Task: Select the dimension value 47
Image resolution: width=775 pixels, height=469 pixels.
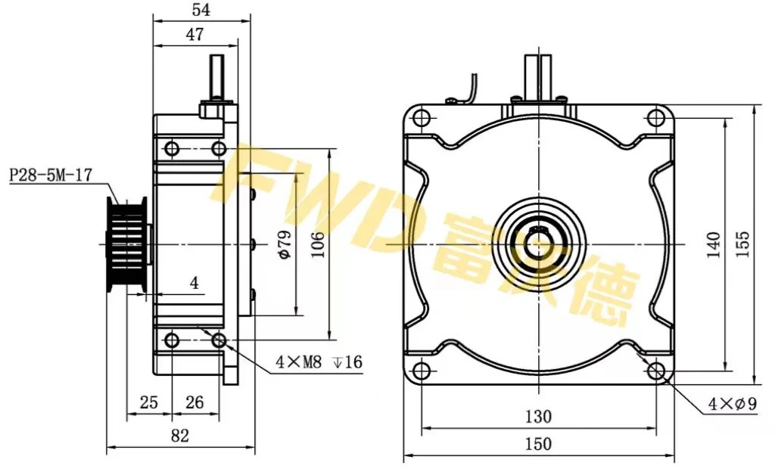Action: pos(195,33)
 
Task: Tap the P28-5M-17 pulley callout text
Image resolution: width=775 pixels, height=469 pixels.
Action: pos(51,175)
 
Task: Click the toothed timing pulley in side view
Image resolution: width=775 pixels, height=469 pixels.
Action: pos(126,244)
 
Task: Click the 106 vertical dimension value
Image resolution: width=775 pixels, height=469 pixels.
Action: pos(318,244)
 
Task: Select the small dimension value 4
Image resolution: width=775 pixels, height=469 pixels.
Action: pos(195,284)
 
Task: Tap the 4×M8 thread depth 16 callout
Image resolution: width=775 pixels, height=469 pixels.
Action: pos(319,362)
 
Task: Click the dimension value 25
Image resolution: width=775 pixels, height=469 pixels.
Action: pos(149,402)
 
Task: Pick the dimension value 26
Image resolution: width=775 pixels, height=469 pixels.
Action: pos(195,402)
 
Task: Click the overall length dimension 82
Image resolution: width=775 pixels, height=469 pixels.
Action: pos(179,436)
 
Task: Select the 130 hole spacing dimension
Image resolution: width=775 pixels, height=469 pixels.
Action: pos(537,417)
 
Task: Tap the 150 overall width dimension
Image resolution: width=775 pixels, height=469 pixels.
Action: pos(537,444)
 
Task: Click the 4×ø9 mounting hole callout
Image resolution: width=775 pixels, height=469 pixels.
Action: pos(732,405)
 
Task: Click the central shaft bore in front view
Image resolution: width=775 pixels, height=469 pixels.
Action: pos(538,244)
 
